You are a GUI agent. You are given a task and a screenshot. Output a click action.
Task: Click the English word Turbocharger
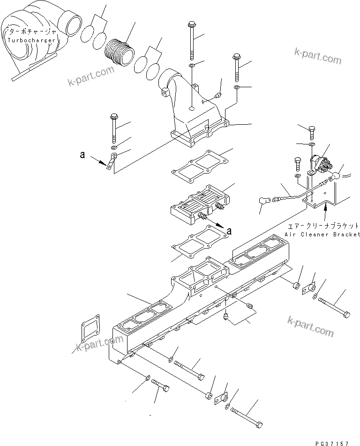click(31, 40)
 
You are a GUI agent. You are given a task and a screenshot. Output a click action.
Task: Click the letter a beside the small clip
click(82, 154)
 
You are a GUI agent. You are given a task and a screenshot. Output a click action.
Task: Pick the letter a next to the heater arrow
click(229, 230)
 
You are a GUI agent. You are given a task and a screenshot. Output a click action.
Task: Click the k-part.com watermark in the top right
click(318, 55)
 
